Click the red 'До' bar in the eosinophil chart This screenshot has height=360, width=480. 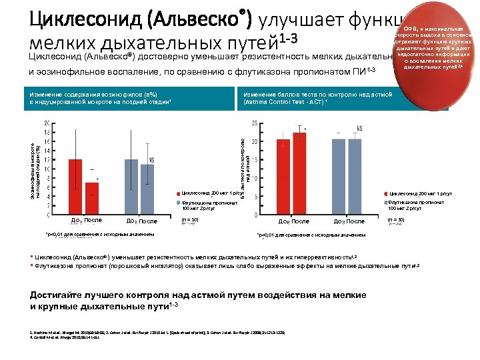tap(75, 187)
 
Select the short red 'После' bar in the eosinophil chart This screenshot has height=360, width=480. tap(92, 198)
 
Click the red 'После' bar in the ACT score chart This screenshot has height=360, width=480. tap(299, 173)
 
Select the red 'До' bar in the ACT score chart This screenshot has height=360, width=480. tap(283, 177)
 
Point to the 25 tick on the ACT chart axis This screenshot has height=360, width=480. tap(254, 123)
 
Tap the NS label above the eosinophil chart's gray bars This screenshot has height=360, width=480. tap(151, 161)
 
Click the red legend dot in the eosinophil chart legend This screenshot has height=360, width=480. tap(179, 193)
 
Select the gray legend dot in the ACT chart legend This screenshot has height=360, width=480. tap(386, 202)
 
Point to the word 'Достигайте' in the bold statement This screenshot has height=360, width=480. tap(61, 295)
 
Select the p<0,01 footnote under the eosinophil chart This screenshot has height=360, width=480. tap(100, 235)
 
